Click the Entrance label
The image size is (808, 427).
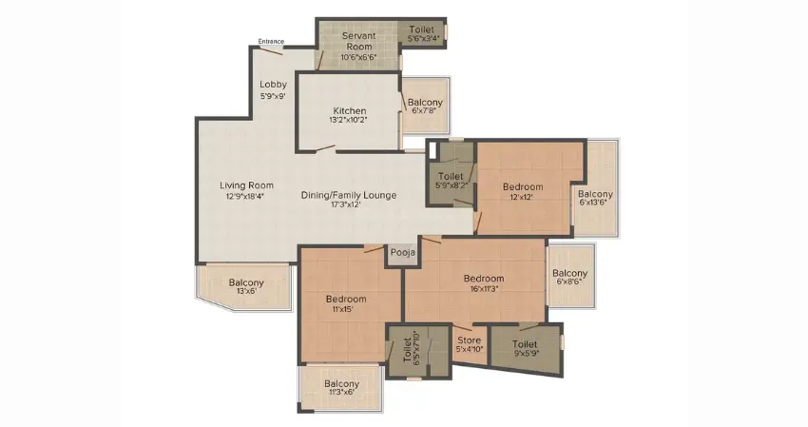point(271,41)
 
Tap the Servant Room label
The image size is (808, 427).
point(358,41)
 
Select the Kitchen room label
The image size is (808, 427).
point(350,110)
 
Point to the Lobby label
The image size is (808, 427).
point(273,84)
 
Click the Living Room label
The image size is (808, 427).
point(247,185)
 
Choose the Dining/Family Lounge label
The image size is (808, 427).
point(349,195)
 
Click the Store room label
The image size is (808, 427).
point(470,340)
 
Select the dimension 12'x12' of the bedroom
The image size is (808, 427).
point(523,197)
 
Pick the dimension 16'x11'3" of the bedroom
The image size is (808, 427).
point(484,288)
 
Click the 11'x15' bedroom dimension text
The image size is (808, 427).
point(346,309)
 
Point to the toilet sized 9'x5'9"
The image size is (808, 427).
point(525,349)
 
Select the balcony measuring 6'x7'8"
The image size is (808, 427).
point(425,106)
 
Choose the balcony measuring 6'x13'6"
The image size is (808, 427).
point(595,189)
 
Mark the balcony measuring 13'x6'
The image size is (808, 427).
point(245,286)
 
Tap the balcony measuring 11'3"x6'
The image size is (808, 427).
point(341,388)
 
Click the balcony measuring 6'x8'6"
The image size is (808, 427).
point(570,277)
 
